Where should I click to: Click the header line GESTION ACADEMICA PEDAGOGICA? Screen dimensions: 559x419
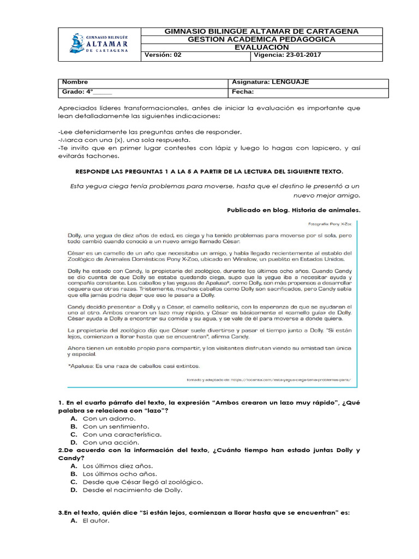coord(261,39)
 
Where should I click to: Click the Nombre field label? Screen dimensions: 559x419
coord(144,82)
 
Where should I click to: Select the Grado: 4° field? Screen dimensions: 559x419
coord(144,92)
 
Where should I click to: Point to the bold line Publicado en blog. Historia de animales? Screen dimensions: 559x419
coord(293,210)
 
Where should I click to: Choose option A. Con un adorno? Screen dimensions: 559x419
coord(102,418)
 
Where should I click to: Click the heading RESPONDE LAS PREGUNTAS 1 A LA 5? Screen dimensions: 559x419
coord(209,171)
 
